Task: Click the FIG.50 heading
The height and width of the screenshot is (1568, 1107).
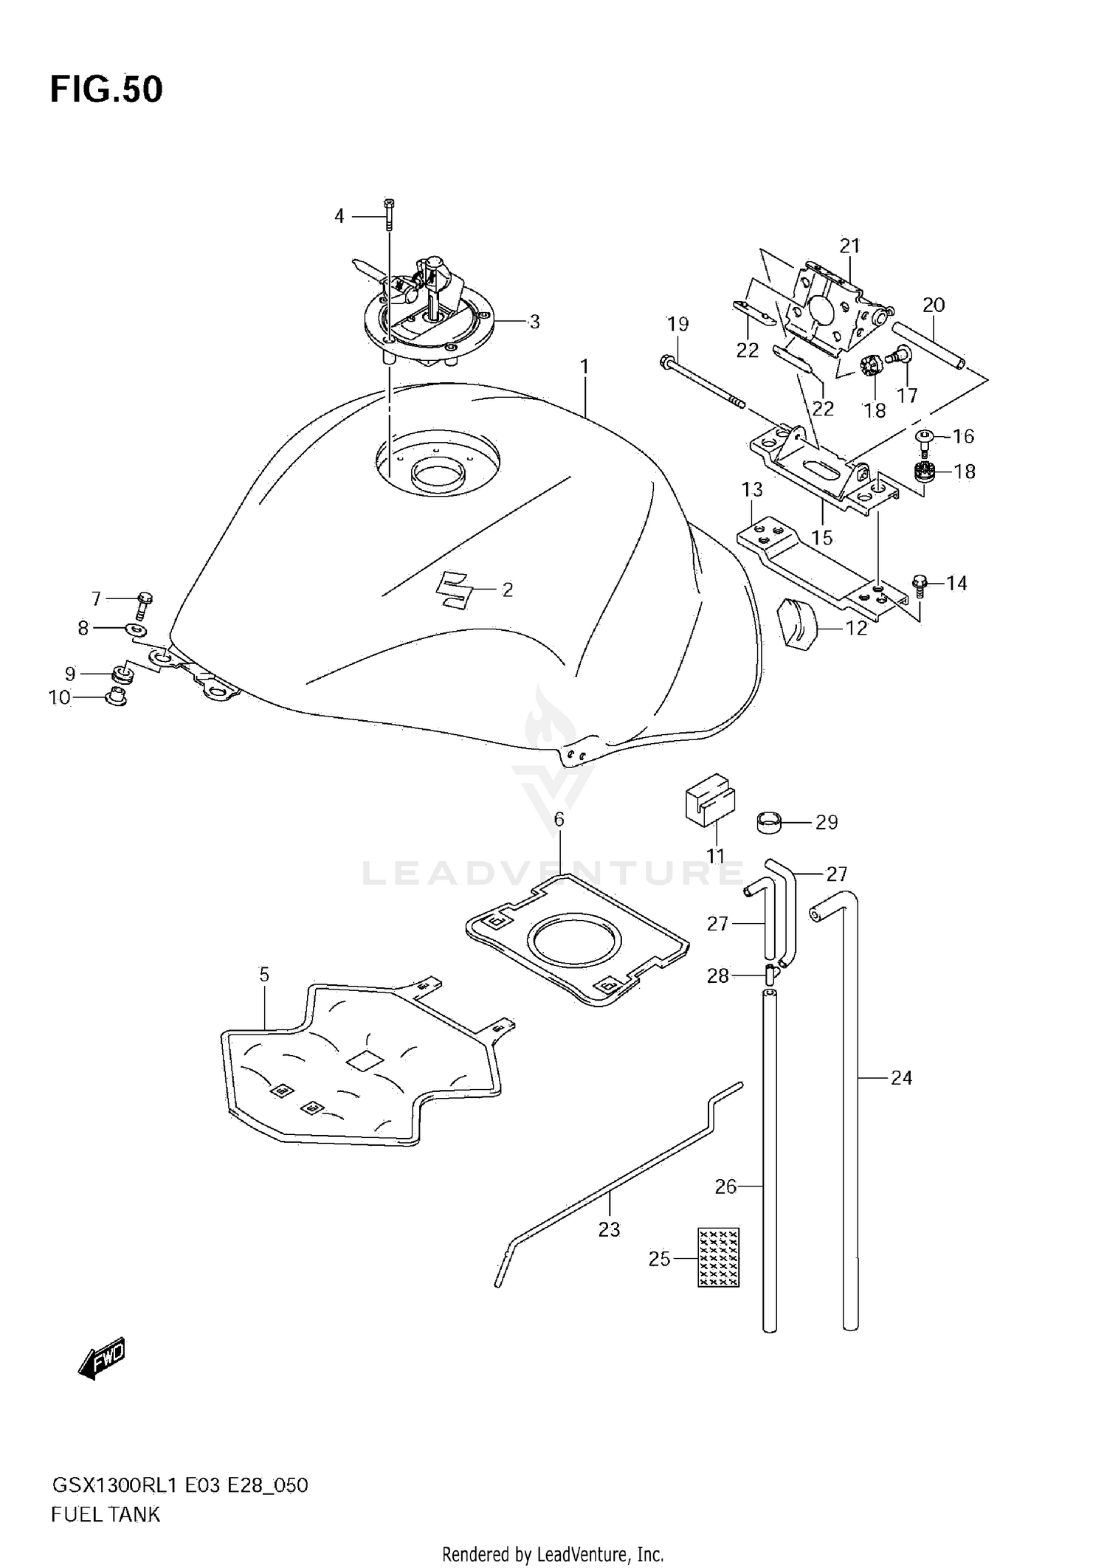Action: [106, 89]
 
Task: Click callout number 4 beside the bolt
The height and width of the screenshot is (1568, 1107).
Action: [339, 216]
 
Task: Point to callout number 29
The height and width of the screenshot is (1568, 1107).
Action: [827, 822]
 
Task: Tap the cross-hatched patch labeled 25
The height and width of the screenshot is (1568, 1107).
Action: [718, 1257]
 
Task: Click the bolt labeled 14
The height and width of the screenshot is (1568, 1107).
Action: [919, 584]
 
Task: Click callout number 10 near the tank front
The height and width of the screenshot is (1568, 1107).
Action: [59, 697]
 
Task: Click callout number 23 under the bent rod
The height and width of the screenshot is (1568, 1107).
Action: [609, 1229]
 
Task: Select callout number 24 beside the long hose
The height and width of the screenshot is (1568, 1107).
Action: [901, 1078]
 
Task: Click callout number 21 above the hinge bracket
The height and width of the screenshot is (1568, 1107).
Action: [849, 246]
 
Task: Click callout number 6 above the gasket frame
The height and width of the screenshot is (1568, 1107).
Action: [559, 819]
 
